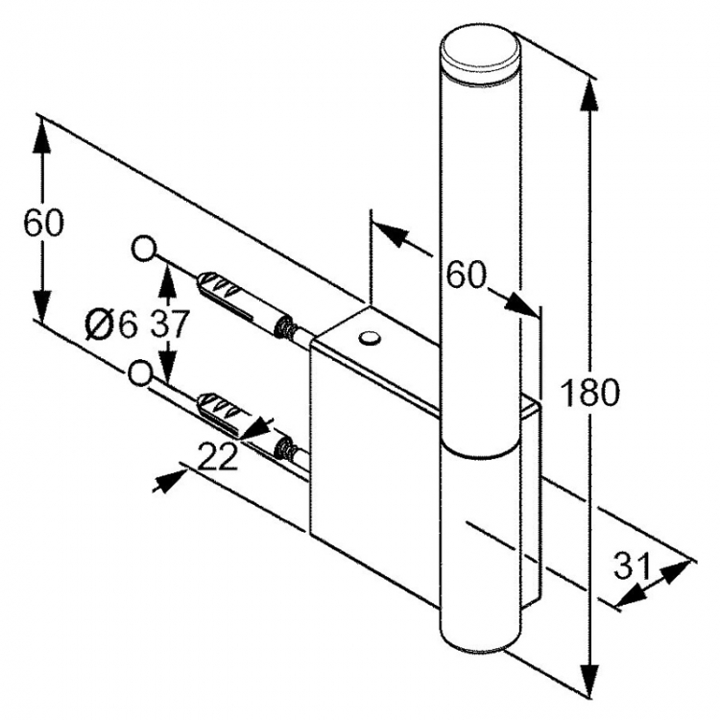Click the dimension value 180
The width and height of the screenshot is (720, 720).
click(590, 393)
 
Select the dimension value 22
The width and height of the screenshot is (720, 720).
click(218, 457)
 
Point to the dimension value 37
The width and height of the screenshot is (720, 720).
click(169, 324)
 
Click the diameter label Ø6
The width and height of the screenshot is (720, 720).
click(111, 324)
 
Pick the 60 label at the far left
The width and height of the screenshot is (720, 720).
click(43, 223)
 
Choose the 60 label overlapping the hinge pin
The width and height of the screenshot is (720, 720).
click(466, 276)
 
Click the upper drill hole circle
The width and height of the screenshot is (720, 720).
click(144, 249)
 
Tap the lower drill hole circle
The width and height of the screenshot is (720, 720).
click(139, 372)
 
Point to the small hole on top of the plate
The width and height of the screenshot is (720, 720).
click(370, 338)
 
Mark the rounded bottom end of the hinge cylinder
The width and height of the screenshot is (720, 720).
click(480, 639)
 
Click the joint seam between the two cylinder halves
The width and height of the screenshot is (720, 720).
click(480, 449)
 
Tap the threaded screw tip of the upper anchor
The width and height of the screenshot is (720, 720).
click(285, 326)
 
